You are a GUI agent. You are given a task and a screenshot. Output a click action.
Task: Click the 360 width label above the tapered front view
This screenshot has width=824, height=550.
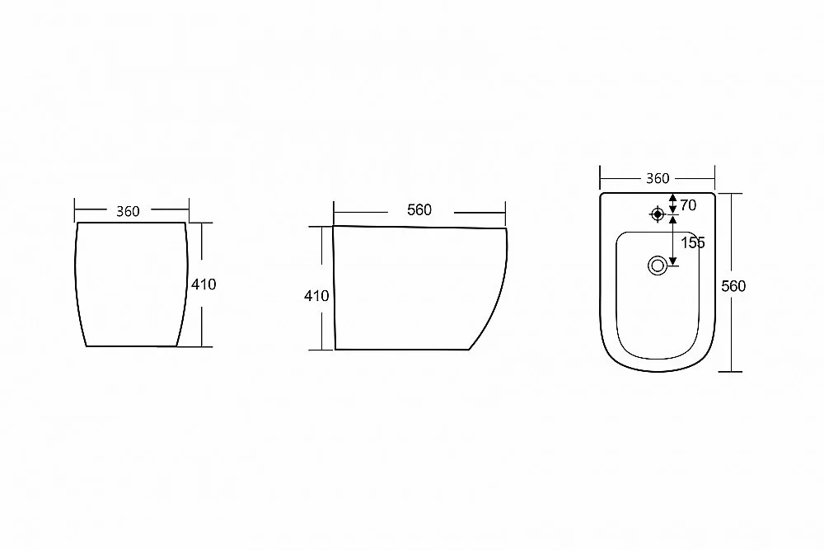tap(128, 211)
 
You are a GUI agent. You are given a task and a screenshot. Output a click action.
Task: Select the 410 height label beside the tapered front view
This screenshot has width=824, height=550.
tap(204, 284)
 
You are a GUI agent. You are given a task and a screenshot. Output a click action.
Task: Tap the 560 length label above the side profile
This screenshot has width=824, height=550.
tap(419, 209)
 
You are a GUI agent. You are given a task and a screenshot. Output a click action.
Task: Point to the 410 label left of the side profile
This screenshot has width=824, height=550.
tap(316, 296)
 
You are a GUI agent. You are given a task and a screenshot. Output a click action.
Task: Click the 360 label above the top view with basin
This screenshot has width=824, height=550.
tap(658, 179)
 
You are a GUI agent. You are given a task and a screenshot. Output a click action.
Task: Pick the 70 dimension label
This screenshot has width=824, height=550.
tap(688, 205)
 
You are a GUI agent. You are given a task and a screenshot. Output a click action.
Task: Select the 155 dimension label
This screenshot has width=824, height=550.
tap(693, 243)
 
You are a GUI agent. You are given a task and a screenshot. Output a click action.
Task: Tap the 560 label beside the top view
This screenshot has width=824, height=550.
tap(733, 286)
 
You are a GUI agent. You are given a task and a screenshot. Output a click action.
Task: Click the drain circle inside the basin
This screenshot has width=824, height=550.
tap(658, 266)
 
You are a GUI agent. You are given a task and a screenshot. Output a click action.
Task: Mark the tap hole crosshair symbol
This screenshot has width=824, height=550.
tap(657, 214)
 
